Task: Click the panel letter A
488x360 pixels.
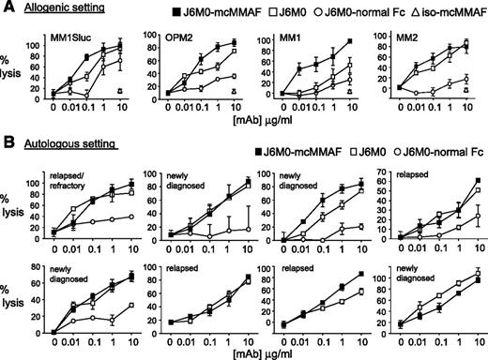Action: tap(7, 7)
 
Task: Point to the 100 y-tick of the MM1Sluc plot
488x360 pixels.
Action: tap(38, 44)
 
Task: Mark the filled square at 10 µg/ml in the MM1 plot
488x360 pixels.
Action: tap(322, 41)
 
